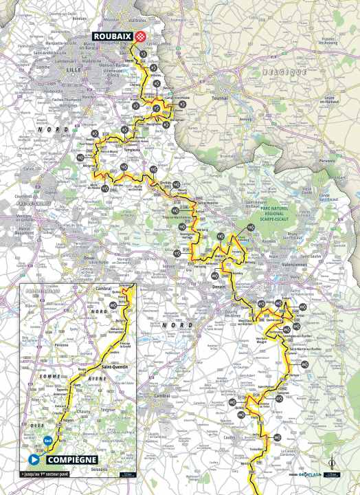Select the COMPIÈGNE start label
(x=67, y=459)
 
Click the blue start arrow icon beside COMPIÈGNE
(x=32, y=459)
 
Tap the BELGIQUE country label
(x=286, y=71)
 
